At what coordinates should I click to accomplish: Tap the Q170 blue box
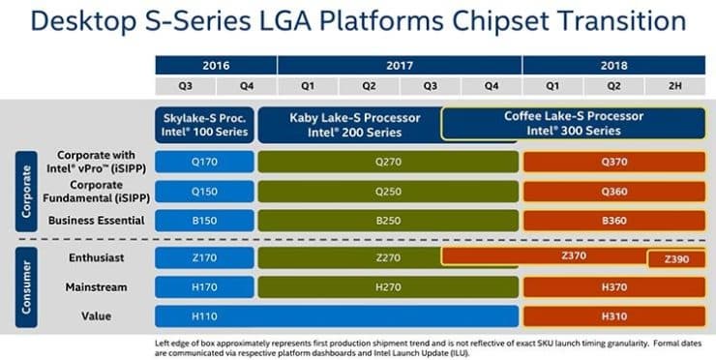pos(204,161)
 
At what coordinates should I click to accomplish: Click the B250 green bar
pos(387,221)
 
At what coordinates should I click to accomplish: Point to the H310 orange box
pos(613,316)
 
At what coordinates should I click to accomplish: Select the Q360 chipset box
pos(613,191)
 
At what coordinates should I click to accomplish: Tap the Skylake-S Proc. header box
pos(204,124)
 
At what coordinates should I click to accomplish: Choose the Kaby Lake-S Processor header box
pos(356,124)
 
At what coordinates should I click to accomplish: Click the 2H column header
pos(674,86)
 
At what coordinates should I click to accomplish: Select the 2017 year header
pos(399,65)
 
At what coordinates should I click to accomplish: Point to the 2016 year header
pos(215,65)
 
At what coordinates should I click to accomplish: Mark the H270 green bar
pos(387,287)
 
